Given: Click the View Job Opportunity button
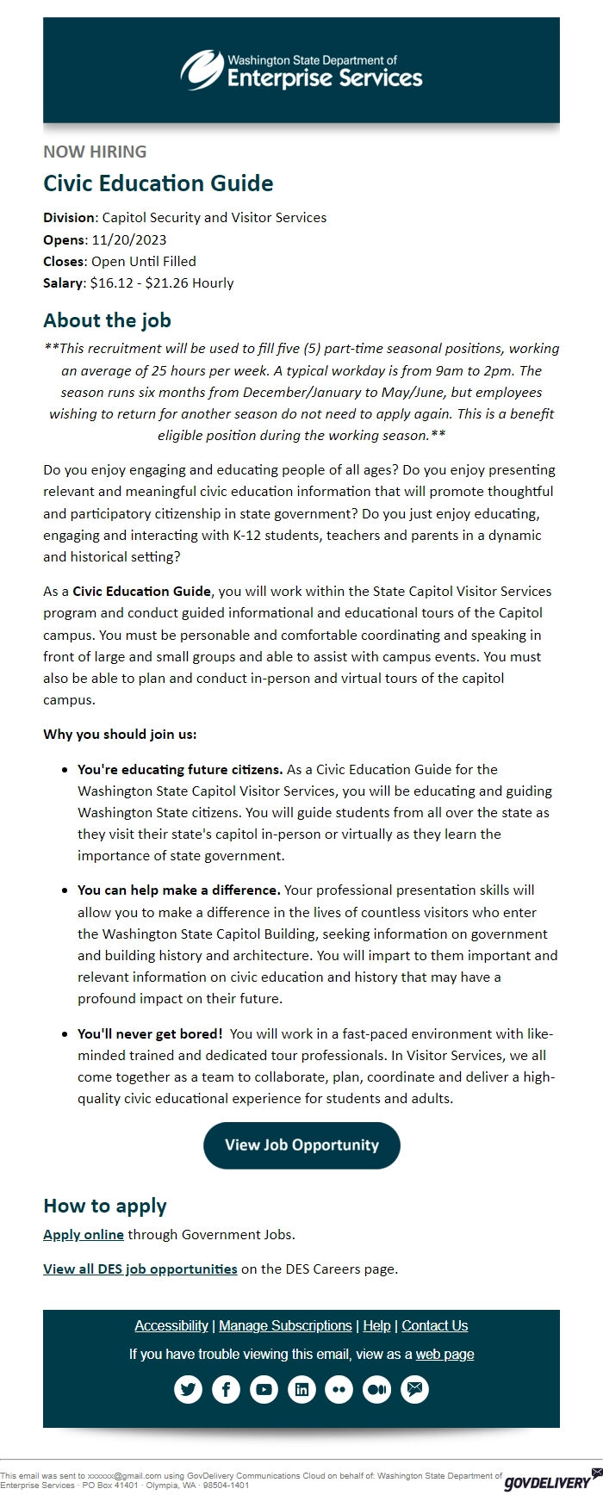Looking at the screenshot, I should coord(301,1145).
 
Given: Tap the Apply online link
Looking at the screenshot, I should coord(84,1234).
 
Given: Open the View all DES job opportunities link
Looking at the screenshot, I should coord(140,1269).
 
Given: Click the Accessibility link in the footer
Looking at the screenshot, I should coord(171,1325).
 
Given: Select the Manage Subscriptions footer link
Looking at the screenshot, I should coord(285,1325).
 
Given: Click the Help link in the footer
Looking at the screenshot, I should coord(376,1325).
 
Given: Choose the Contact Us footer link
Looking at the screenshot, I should coord(435,1325).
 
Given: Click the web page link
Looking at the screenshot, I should coord(444,1354).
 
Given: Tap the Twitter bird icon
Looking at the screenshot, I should coord(188,1389).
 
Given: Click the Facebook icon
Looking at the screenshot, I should coord(226,1389).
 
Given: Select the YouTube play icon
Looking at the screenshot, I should coord(264,1389).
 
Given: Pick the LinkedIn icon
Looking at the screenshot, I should coord(301,1389).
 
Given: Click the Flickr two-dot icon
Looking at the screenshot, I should coord(339,1389).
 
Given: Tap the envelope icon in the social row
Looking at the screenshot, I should coord(415,1389).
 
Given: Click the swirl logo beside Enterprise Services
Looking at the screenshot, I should coord(201,69).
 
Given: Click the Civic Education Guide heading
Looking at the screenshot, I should coord(159,183).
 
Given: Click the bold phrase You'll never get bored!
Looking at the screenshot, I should coord(150,1033).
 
